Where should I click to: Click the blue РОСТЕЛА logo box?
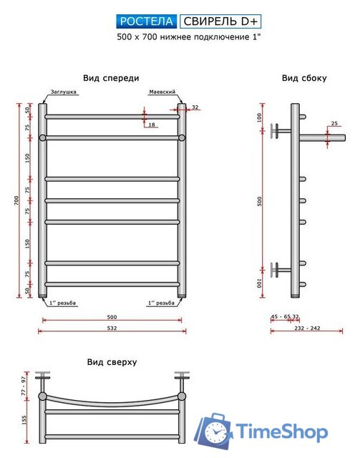[147, 21]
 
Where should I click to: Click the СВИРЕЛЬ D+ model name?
[220, 21]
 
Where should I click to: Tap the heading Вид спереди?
[111, 78]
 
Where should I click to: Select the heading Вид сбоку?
[304, 78]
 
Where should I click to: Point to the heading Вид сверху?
[112, 362]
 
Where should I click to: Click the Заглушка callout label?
[64, 92]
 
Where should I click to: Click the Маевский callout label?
[162, 92]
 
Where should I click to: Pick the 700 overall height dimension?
[16, 200]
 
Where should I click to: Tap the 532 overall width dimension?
[112, 328]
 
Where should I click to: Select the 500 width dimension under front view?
[112, 317]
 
